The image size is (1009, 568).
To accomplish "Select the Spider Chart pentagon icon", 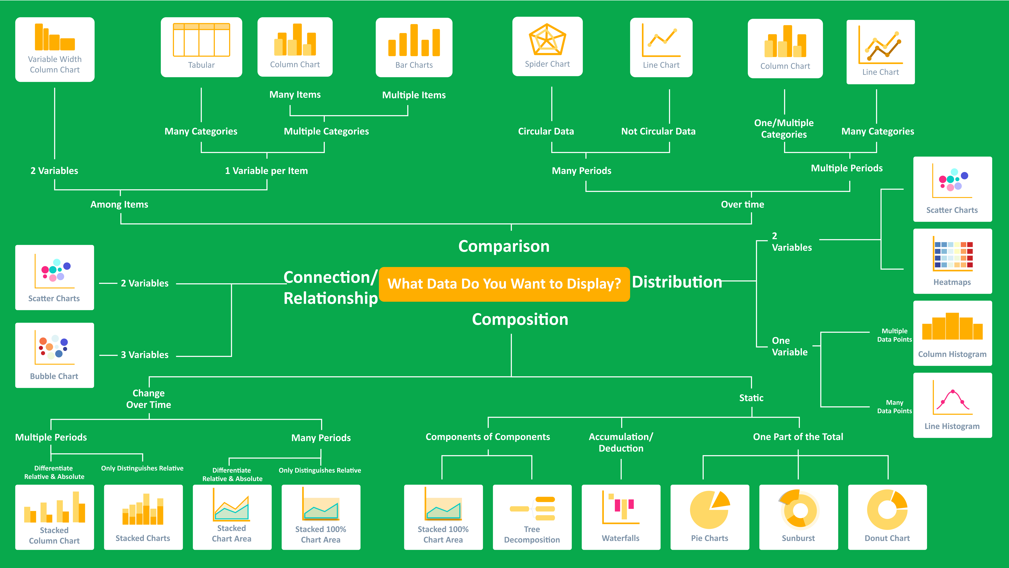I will (547, 40).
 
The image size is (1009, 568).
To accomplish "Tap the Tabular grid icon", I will (201, 40).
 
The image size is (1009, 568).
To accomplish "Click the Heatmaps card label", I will (952, 282).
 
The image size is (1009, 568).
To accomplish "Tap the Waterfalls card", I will (621, 517).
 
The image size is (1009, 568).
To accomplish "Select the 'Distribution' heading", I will (677, 282).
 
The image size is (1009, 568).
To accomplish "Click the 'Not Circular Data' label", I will (658, 131).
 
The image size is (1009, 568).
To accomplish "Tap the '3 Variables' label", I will (145, 355).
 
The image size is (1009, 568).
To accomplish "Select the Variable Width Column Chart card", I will (55, 49).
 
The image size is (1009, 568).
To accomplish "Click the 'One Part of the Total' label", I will (798, 437).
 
